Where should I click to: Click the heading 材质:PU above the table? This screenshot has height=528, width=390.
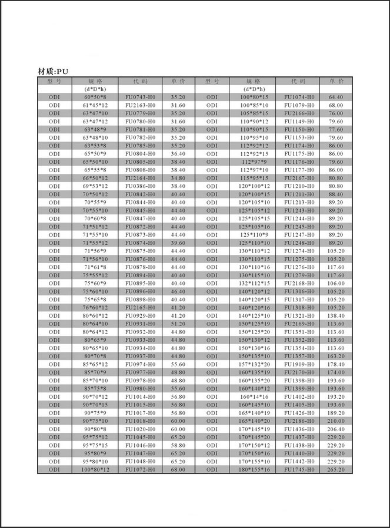54,72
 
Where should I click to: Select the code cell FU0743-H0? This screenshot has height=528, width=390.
140,97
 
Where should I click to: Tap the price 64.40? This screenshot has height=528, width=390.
336,97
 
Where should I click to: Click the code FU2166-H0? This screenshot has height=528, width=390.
299,113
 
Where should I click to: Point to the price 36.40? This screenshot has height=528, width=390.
178,153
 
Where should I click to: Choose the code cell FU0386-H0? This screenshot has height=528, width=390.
140,186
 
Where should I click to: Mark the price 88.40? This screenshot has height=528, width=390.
336,194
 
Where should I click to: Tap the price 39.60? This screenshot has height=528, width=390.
178,243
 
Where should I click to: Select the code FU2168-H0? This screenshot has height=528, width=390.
299,283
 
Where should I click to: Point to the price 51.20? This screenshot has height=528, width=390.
178,323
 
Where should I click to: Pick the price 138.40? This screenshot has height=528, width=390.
336,315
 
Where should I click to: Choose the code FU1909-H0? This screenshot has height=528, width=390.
299,364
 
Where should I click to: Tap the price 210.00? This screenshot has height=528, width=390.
336,421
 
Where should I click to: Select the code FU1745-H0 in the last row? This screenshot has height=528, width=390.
299,470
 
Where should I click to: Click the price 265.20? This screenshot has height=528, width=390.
336,470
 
